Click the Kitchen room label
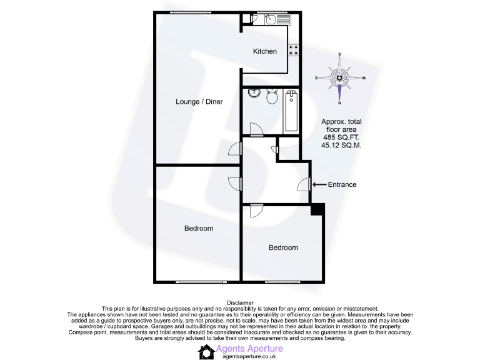pos(264,51)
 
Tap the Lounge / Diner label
pos(199,101)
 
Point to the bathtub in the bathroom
pos(291,111)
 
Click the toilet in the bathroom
pos(272,97)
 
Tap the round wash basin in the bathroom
pos(254,94)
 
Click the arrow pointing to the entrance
pos(319,184)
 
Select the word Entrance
pos(342,184)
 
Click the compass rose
pos(339,77)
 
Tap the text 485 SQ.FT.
pos(341,137)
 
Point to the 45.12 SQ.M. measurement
pos(341,145)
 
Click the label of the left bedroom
pos(199,228)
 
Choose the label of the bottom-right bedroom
pos(283,247)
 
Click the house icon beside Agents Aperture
pos(206,352)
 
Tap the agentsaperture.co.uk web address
pos(249,357)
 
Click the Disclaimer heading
pos(240,302)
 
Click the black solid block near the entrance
pos(317,209)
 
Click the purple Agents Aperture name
pos(249,348)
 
